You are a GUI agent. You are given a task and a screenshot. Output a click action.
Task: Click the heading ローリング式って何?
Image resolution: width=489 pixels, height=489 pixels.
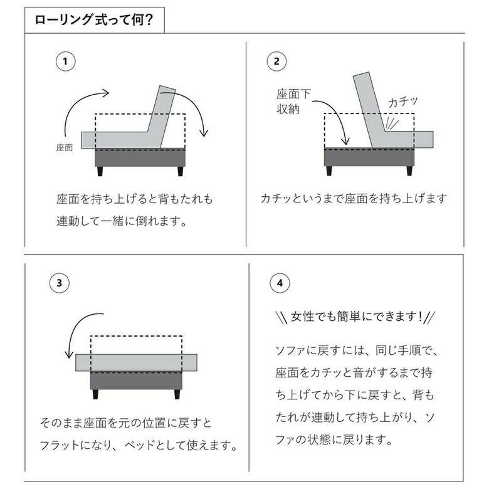coord(93,19)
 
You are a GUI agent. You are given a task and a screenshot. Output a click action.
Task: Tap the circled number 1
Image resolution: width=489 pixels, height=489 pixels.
coord(65,61)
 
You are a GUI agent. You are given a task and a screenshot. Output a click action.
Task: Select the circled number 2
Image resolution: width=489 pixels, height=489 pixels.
coord(276,61)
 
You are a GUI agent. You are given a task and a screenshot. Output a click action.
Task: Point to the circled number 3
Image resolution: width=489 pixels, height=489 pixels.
coord(60,283)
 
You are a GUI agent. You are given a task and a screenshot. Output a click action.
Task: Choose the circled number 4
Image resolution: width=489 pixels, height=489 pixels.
coord(280,283)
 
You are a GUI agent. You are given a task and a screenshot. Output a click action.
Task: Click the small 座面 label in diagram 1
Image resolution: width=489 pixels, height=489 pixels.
coord(65,147)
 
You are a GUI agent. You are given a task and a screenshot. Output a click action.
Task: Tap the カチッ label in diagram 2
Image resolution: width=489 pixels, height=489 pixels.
coord(402,102)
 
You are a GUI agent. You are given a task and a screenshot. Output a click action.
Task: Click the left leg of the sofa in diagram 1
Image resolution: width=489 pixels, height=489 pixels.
coord(100,171)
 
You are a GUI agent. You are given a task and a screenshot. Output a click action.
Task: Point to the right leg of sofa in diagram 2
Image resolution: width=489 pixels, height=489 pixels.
coord(409,171)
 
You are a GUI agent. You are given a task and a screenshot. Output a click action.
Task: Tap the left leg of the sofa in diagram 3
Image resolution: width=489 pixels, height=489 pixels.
coord(95,394)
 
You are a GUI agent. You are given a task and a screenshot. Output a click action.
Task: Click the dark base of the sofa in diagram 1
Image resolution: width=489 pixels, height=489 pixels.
coord(140,158)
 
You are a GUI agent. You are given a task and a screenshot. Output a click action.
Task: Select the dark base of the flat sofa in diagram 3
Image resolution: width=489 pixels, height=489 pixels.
coord(136,380)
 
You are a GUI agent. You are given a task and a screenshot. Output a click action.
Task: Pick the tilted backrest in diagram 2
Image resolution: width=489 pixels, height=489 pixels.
coord(371,109)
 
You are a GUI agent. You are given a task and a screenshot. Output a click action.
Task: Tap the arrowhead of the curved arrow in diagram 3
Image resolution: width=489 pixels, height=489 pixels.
coord(68,354)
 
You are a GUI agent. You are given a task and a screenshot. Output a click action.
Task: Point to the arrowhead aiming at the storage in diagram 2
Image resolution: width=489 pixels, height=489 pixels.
coord(345,141)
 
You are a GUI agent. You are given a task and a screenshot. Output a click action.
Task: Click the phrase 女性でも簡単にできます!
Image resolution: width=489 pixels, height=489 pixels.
coord(356,317)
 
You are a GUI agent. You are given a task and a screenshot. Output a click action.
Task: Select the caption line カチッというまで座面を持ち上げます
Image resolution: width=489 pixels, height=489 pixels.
coord(354,198)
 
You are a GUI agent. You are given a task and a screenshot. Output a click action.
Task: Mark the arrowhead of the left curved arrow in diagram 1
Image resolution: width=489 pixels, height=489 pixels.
coord(105,93)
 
